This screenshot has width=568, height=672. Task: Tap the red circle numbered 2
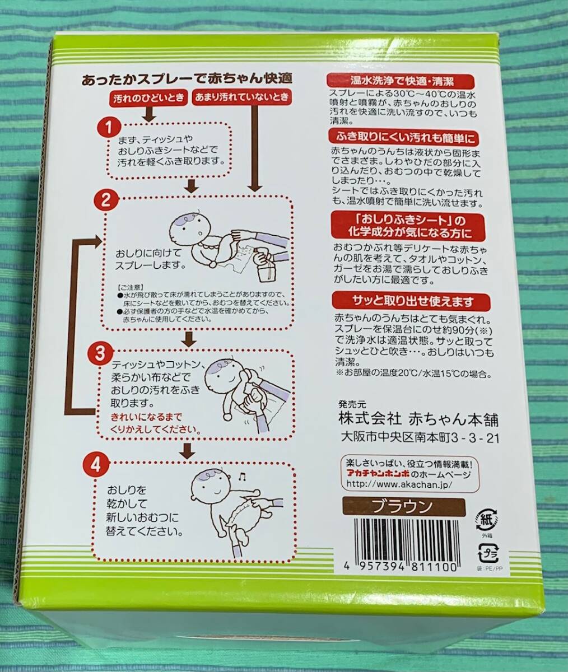[x=105, y=202]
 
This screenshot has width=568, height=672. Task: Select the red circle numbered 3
[x=100, y=354]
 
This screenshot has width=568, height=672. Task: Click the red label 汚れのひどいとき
[x=149, y=97]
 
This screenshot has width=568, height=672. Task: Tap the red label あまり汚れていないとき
[x=242, y=97]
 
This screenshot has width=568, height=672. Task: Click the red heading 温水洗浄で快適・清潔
[x=402, y=81]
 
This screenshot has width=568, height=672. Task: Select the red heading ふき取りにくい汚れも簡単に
[x=403, y=138]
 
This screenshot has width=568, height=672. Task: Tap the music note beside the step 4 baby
[x=241, y=477]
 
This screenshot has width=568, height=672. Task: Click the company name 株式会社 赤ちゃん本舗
[x=418, y=419]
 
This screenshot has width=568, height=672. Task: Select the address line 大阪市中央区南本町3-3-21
[x=420, y=438]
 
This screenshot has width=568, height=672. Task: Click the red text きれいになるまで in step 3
[x=147, y=417]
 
